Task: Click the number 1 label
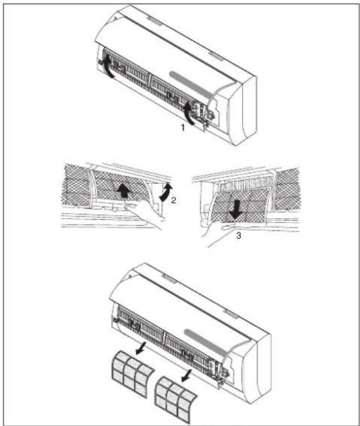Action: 182,128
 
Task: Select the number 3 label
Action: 238,236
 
